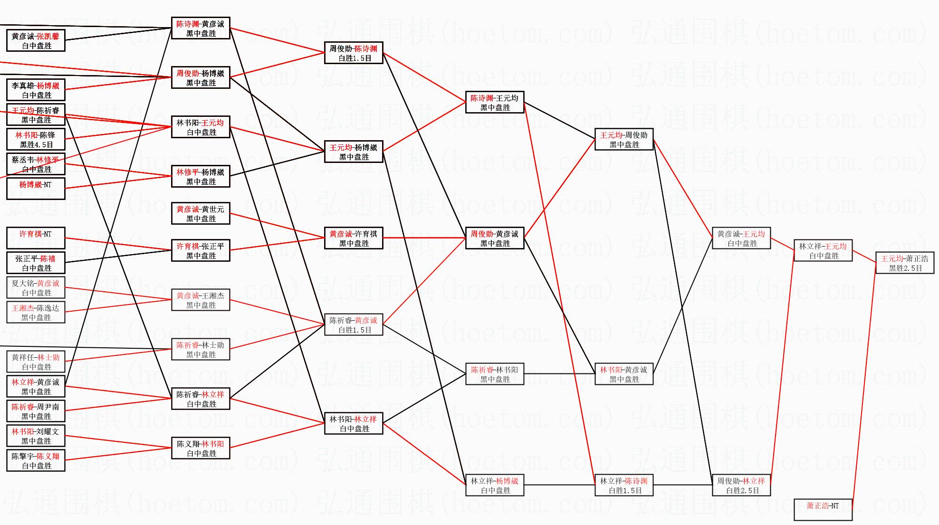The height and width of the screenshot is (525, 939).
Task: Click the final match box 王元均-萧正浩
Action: (905, 263)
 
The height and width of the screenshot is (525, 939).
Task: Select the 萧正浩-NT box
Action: (823, 510)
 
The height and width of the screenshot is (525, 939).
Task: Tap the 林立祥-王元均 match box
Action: (823, 251)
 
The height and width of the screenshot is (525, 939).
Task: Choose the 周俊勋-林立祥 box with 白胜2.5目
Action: (741, 486)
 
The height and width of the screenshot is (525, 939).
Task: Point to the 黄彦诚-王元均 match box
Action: (741, 239)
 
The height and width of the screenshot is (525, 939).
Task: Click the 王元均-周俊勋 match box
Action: (624, 140)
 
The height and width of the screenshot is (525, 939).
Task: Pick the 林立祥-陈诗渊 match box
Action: (624, 486)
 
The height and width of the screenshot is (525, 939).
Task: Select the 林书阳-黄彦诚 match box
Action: (624, 374)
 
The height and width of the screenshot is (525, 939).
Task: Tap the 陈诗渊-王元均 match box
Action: (495, 103)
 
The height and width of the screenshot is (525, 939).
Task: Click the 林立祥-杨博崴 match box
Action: (495, 486)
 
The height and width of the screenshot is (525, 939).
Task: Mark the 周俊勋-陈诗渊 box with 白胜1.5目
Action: (354, 53)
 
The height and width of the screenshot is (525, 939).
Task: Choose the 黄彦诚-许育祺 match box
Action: (354, 239)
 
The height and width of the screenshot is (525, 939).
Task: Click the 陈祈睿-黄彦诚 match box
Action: (354, 325)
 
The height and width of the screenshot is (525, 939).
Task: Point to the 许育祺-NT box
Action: (36, 238)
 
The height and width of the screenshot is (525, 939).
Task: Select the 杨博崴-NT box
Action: (36, 189)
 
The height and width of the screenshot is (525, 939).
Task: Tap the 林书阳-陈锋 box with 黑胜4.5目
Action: (36, 140)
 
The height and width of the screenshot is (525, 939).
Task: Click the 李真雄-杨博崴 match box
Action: (36, 90)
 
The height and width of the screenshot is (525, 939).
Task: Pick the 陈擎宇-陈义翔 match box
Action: (36, 461)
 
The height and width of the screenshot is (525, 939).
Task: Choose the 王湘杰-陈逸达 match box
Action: (36, 313)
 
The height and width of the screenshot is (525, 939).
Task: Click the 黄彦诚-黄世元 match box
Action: (201, 214)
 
